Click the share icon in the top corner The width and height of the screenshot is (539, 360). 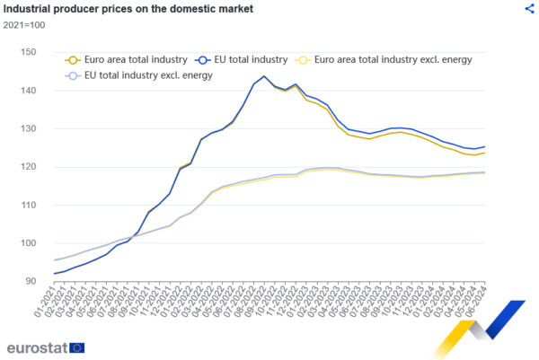tap(529, 8)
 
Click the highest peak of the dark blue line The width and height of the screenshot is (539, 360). tap(264, 76)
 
